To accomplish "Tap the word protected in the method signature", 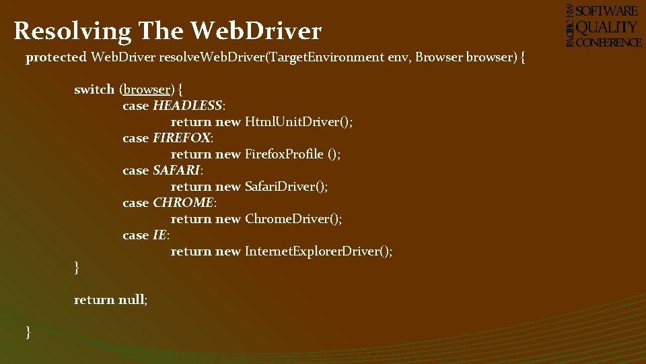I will pyautogui.click(x=57, y=58).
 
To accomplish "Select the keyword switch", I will pyautogui.click(x=94, y=90).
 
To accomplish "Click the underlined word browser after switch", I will pyautogui.click(x=147, y=90).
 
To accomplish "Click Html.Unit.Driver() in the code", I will pyautogui.click(x=298, y=122).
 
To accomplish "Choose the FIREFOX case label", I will pyautogui.click(x=182, y=138).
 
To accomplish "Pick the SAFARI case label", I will pyautogui.click(x=176, y=171).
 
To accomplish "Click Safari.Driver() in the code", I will pyautogui.click(x=286, y=187).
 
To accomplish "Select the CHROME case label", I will pyautogui.click(x=183, y=203).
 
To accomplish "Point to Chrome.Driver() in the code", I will pyautogui.click(x=293, y=219).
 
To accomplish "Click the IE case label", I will pyautogui.click(x=159, y=235).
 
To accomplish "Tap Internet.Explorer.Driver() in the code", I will pyautogui.click(x=318, y=251).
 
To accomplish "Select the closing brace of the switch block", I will pyautogui.click(x=77, y=268).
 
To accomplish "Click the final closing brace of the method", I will pyautogui.click(x=28, y=332).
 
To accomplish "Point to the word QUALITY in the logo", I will pyautogui.click(x=607, y=27).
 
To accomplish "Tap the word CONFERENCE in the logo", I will pyautogui.click(x=609, y=42).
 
